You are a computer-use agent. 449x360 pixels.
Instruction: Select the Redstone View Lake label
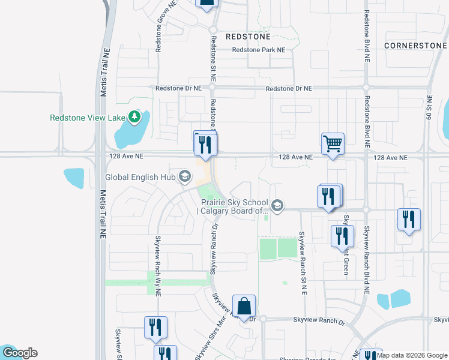pyautogui.click(x=87, y=118)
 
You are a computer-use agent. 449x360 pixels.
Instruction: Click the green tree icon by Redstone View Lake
pyautogui.click(x=136, y=116)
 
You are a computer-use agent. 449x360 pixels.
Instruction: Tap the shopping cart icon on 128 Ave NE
pyautogui.click(x=333, y=145)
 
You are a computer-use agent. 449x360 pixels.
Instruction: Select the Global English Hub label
pyautogui.click(x=140, y=177)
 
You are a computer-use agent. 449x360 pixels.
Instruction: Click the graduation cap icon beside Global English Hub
pyautogui.click(x=185, y=176)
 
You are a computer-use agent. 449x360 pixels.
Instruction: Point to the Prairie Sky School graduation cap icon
pyautogui.click(x=277, y=206)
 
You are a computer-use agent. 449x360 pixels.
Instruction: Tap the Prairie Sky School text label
pyautogui.click(x=235, y=206)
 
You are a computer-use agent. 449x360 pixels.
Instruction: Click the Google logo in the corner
pyautogui.click(x=20, y=353)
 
